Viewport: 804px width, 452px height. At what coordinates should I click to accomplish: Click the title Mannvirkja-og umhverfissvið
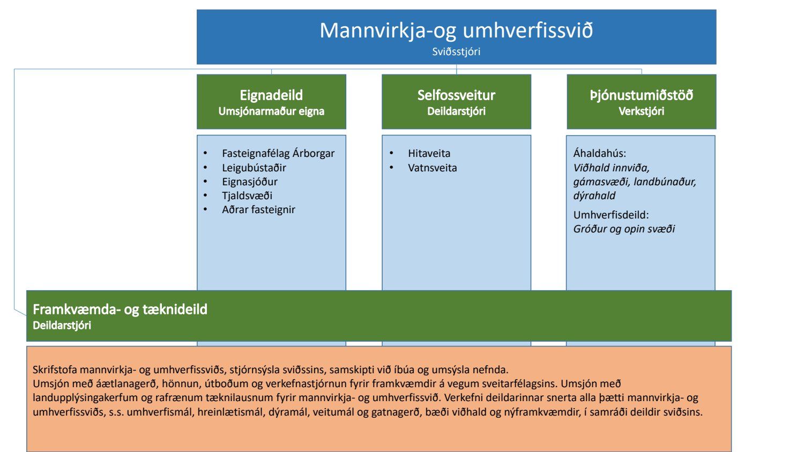[456, 30]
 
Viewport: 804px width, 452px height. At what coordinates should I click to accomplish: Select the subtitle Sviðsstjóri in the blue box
[456, 51]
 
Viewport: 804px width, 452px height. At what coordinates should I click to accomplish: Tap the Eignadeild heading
[271, 95]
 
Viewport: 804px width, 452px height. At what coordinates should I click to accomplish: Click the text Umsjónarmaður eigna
[271, 111]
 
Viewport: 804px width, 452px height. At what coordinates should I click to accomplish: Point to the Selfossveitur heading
[456, 95]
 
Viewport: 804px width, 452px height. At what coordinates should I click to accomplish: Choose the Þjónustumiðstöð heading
[642, 95]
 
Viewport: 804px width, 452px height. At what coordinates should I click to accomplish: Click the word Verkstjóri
[642, 111]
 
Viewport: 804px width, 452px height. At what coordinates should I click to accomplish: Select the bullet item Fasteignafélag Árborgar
[278, 153]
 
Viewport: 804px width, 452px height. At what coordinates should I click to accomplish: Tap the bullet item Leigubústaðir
[254, 168]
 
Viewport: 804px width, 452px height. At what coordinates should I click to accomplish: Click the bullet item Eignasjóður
[250, 182]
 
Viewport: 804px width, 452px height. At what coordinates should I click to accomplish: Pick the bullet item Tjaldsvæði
[247, 195]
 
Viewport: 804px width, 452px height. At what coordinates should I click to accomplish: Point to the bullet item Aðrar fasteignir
[258, 209]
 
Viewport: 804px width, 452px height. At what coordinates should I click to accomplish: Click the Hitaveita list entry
[429, 153]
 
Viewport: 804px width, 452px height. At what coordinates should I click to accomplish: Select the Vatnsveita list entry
[432, 168]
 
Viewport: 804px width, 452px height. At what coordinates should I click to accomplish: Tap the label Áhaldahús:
[599, 153]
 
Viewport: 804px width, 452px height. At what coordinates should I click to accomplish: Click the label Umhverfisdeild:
[611, 215]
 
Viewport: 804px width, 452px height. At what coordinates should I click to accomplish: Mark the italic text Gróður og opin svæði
[624, 229]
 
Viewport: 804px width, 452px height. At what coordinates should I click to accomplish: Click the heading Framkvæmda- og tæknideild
[120, 309]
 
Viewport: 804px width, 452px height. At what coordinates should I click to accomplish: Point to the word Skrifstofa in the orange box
[55, 370]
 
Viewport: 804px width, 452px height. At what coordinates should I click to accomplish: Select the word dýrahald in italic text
[594, 195]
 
